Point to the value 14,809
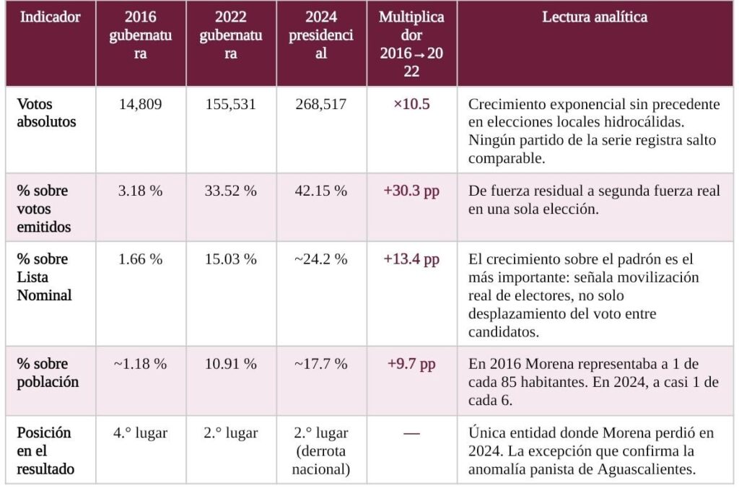click(x=141, y=105)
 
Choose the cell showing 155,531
click(x=231, y=105)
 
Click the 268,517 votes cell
click(x=321, y=105)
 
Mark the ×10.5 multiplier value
click(x=411, y=105)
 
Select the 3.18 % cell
click(x=141, y=191)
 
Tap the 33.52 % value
click(x=231, y=191)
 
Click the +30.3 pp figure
click(x=411, y=191)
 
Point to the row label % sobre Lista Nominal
click(x=45, y=277)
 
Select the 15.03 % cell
click(x=231, y=260)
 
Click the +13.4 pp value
click(x=411, y=260)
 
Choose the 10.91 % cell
click(x=231, y=364)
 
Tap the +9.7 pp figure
click(x=411, y=364)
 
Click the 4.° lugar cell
click(x=141, y=433)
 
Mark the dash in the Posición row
click(x=411, y=434)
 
